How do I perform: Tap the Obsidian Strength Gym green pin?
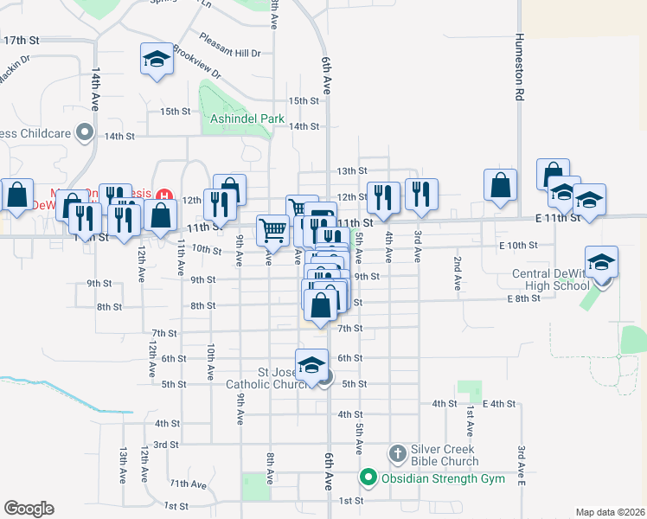tap(368, 477)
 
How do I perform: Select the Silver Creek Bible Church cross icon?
tap(397, 452)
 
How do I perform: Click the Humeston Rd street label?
tap(519, 68)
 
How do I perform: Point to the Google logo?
tap(29, 509)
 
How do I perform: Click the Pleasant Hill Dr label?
tap(230, 45)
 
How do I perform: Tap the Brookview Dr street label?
tap(196, 61)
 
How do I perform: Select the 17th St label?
tap(22, 41)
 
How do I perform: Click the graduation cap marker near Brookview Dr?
tap(156, 60)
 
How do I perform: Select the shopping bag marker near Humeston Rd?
tap(501, 185)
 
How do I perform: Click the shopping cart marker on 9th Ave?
tap(272, 229)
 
